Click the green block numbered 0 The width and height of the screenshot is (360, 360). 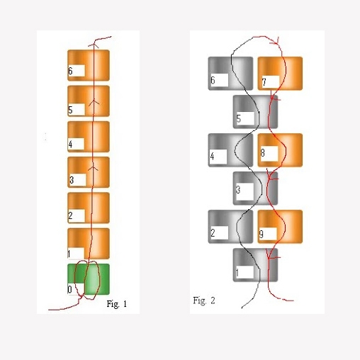89,279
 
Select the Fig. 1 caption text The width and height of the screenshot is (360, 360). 117,304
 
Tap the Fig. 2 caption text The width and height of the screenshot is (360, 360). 204,300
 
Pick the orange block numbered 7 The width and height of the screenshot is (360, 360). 280,74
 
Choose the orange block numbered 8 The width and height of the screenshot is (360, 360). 280,150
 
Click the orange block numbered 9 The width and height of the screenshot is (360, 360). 280,227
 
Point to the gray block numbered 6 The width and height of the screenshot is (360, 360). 230,74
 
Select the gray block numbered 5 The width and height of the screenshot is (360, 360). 255,112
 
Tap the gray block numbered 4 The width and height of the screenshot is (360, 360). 230,150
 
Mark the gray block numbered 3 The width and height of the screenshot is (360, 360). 255,189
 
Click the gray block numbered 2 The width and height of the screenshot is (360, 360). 230,227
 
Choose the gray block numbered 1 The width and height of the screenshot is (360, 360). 255,265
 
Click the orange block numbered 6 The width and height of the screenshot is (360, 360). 89,65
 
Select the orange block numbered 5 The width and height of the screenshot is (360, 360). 89,101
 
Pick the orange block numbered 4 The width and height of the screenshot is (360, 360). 89,137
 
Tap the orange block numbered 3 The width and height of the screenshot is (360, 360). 89,172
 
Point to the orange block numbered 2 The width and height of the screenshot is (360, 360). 89,208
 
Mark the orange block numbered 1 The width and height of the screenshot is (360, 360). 89,244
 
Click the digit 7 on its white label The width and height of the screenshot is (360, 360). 264,82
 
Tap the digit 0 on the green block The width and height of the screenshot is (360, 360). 69,289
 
